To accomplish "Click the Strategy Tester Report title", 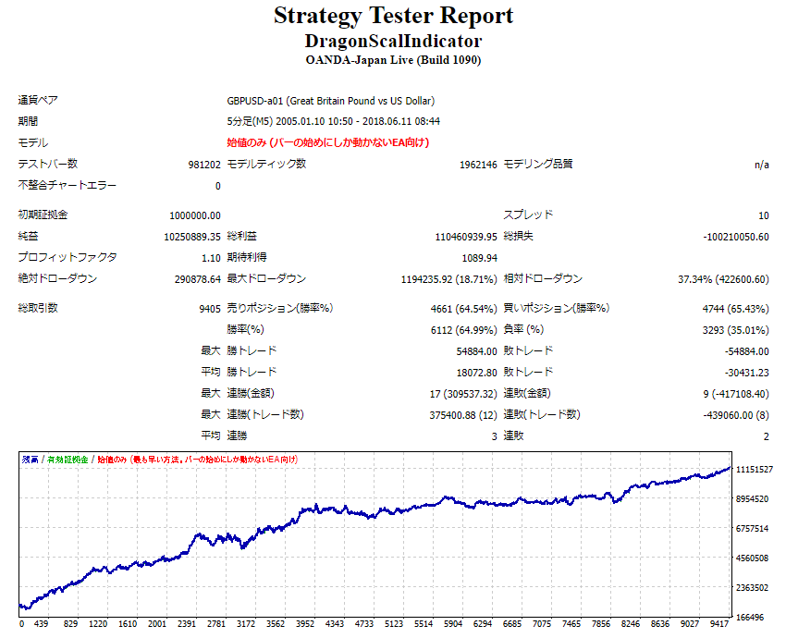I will tap(393, 17).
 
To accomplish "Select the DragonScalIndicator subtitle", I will tap(393, 42).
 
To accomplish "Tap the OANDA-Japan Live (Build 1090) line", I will tap(393, 60).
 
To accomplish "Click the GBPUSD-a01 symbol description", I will tap(330, 101).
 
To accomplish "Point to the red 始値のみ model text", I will tap(327, 142).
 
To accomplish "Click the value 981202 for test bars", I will tap(204, 165).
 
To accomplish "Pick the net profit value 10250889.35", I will tap(192, 237).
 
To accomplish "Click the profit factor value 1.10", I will tap(212, 258).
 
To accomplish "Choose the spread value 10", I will tap(763, 215).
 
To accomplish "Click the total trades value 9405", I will tap(210, 309).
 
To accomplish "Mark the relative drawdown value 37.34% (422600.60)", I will tap(722, 279).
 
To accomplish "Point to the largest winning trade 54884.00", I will tap(475, 351).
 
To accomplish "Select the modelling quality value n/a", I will tap(761, 165).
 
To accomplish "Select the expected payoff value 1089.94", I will tap(479, 258).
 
